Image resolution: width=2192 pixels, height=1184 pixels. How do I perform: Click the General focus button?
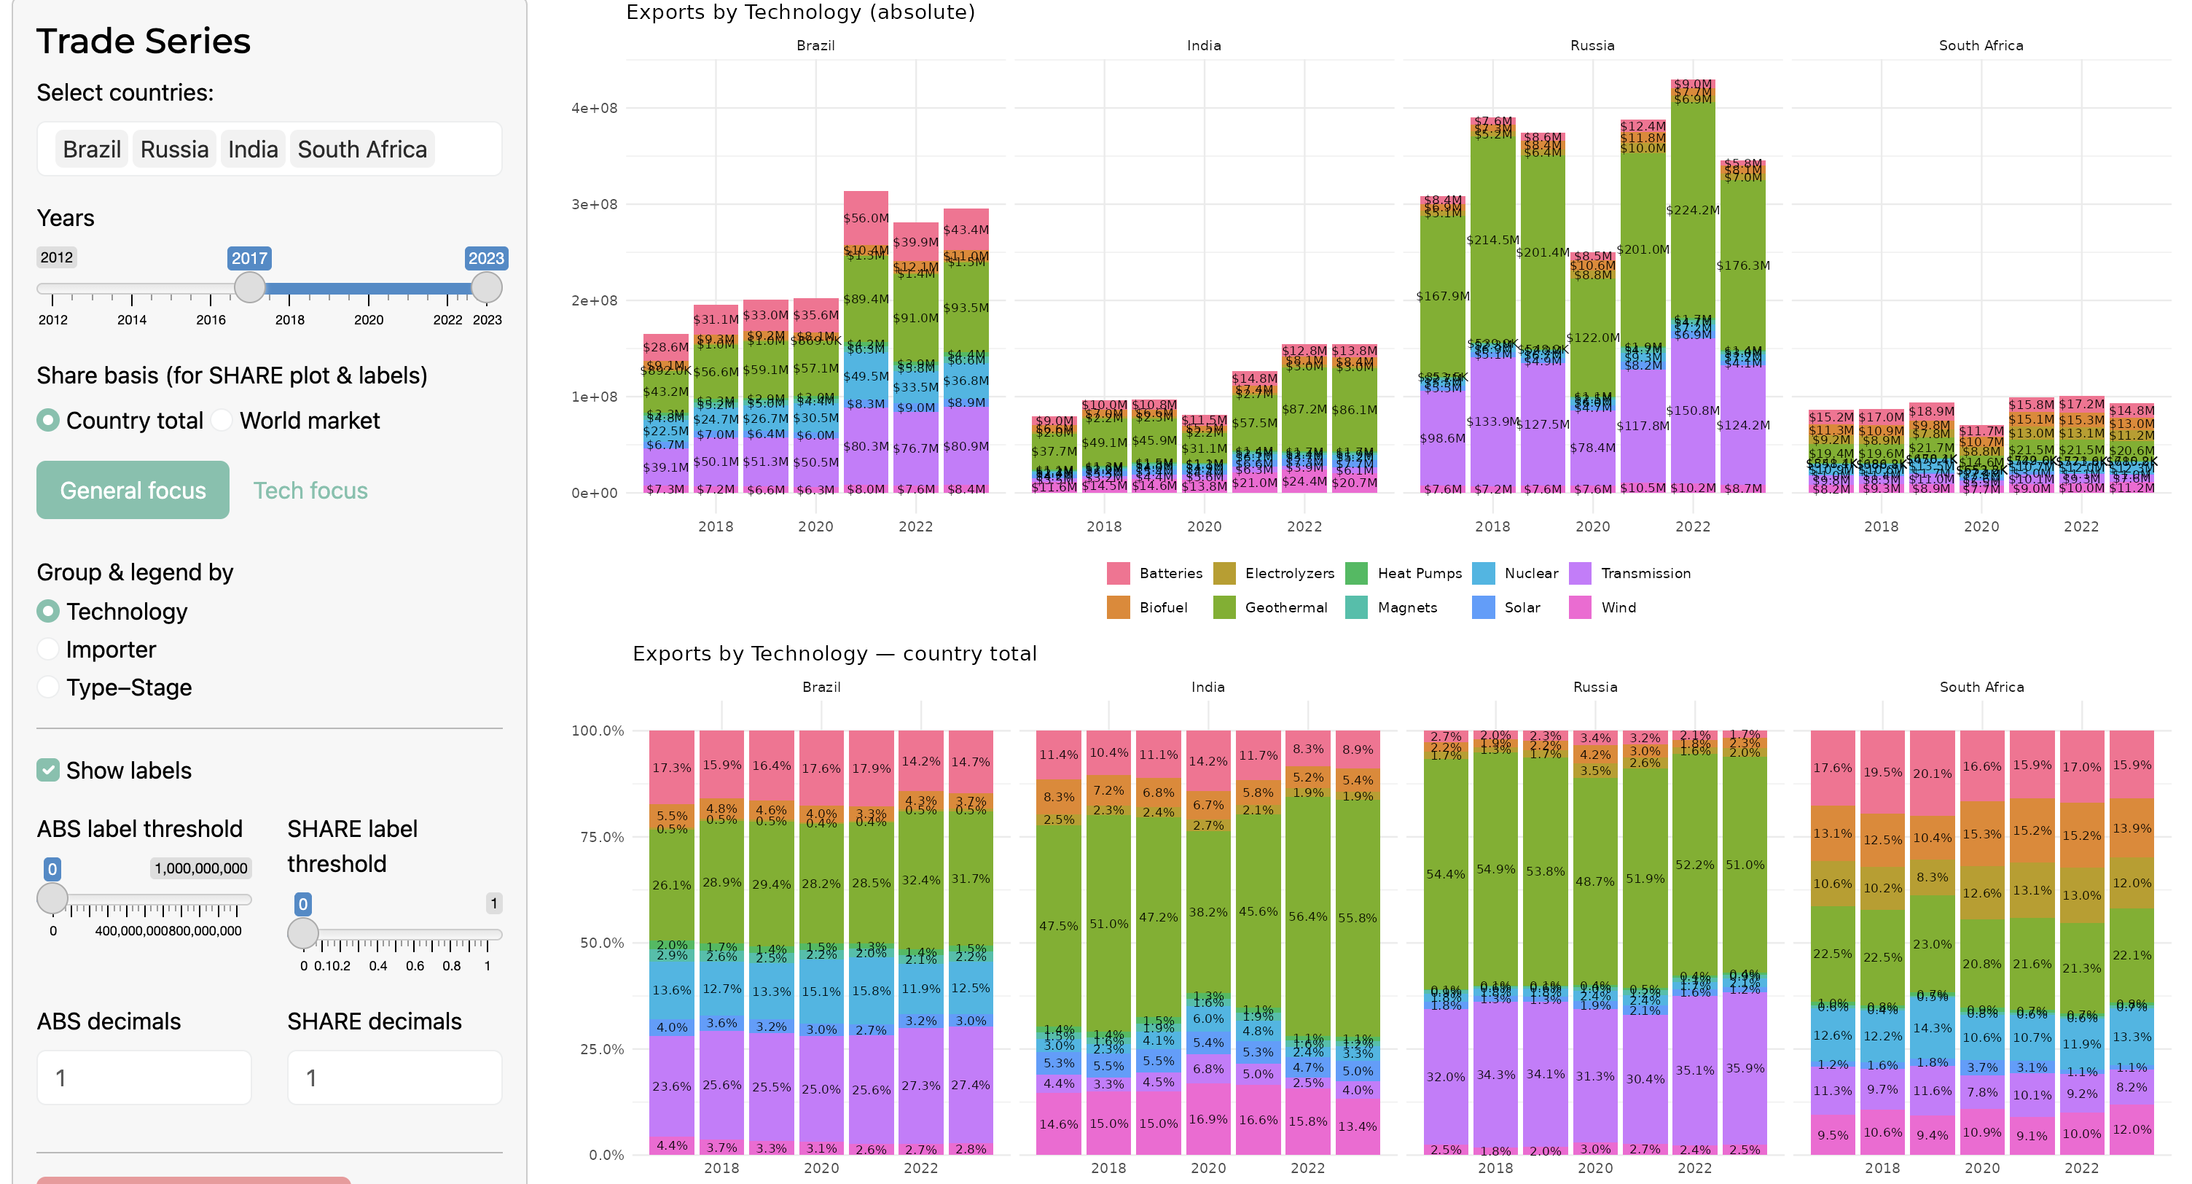(133, 490)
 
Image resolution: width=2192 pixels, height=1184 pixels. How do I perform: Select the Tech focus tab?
(310, 490)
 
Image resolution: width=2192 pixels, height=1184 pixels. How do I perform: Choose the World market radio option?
(222, 421)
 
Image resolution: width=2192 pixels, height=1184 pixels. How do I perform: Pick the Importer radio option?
(49, 650)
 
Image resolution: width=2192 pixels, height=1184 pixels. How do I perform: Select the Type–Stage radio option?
(49, 687)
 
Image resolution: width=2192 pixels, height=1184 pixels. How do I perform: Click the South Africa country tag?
(361, 149)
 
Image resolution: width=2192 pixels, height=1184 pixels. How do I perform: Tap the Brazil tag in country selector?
(91, 149)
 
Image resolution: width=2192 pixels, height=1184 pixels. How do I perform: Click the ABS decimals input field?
(144, 1078)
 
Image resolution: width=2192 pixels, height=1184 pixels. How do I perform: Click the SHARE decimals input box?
(394, 1078)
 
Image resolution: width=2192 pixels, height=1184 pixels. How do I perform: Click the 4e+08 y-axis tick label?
(594, 108)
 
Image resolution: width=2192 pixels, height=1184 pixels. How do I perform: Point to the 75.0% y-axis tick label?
(602, 837)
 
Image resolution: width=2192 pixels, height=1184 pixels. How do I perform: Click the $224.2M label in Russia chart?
(1693, 210)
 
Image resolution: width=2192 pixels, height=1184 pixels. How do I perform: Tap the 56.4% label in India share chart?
(1308, 916)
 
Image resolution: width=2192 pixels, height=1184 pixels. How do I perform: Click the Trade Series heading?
(143, 41)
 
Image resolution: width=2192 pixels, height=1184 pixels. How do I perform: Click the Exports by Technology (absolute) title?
(800, 12)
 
